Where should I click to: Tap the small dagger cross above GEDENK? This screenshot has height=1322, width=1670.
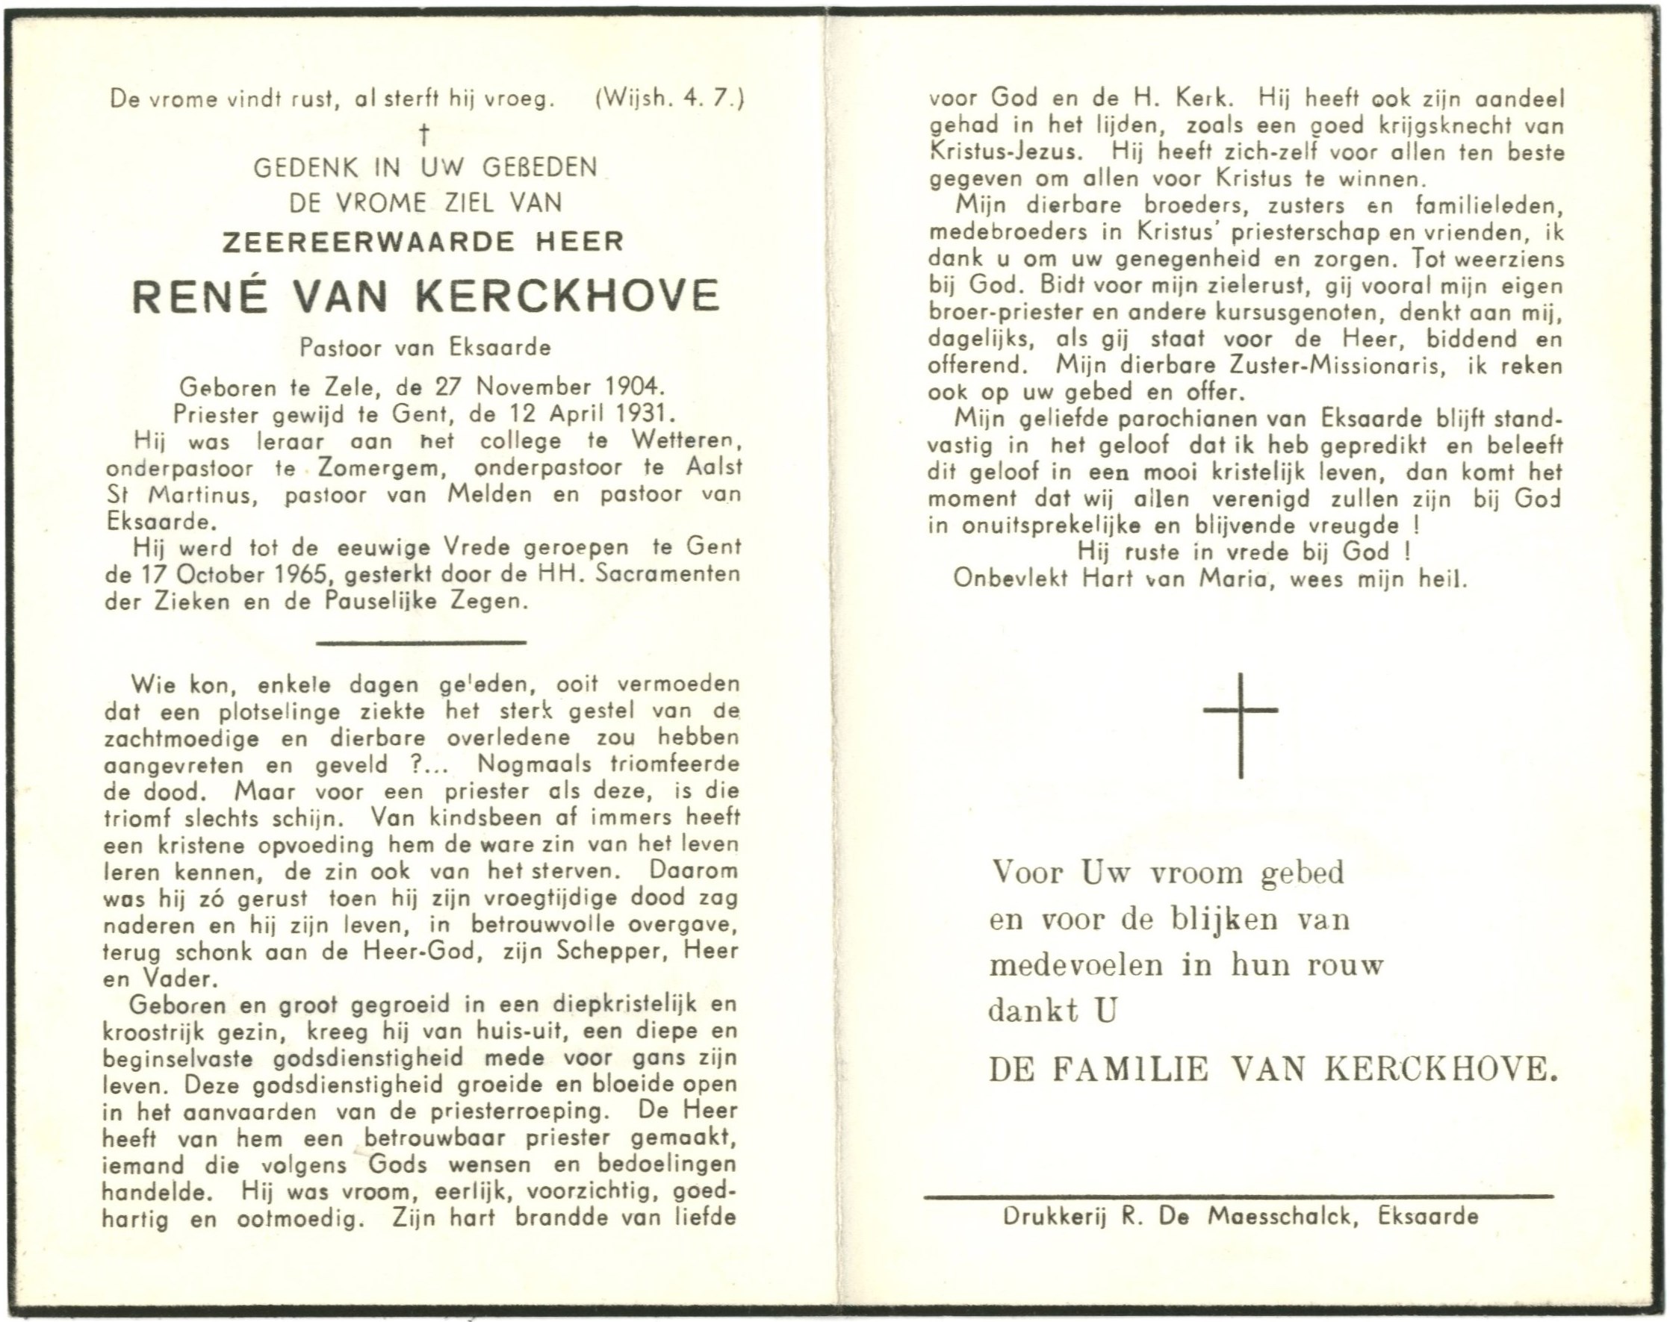click(x=423, y=136)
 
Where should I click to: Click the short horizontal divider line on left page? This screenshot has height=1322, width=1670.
click(x=421, y=642)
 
